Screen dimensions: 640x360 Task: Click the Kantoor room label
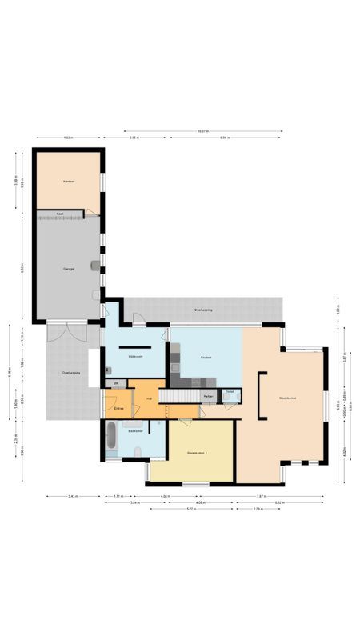click(x=69, y=182)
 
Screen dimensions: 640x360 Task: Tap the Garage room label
click(x=69, y=269)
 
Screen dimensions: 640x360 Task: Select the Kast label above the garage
click(x=60, y=214)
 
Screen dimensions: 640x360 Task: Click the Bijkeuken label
click(x=135, y=357)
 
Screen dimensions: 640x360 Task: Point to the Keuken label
click(x=206, y=357)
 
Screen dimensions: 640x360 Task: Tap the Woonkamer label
click(x=288, y=398)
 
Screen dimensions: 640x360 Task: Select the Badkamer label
click(x=135, y=431)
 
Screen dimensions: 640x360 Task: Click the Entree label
click(x=118, y=408)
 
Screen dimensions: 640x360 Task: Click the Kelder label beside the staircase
click(x=208, y=396)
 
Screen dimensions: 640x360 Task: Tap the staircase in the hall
click(x=178, y=395)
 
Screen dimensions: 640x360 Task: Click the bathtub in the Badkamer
click(x=111, y=439)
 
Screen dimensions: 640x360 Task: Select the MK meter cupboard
click(x=115, y=384)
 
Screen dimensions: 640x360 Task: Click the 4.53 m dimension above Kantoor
click(x=68, y=138)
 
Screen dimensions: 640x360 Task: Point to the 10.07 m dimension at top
click(x=203, y=131)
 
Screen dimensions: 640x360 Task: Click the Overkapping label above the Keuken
click(x=202, y=310)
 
